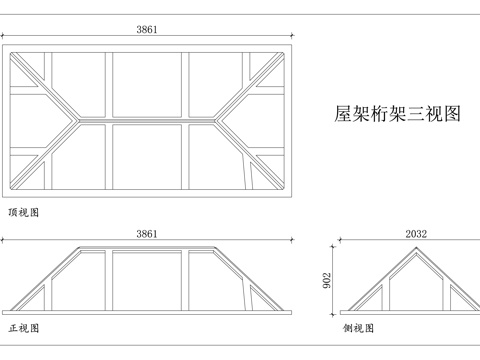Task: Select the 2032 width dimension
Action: point(416,234)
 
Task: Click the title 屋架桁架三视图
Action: point(396,114)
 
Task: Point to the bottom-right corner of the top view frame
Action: point(292,198)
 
